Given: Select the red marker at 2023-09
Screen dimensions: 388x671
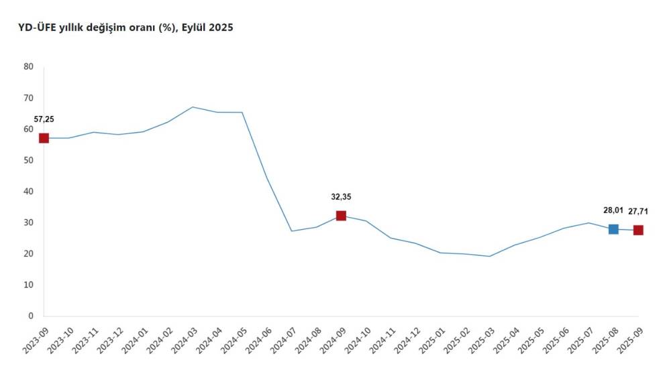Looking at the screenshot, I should click(x=44, y=138).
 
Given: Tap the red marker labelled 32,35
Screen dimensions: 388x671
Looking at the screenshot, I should click(x=341, y=216).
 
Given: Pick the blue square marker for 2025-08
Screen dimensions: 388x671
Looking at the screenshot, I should click(x=613, y=229).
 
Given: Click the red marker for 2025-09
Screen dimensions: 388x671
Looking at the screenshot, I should click(x=638, y=230).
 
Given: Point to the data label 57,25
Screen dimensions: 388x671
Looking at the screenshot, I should click(x=44, y=119).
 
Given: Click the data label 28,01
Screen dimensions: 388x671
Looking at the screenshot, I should click(x=613, y=210).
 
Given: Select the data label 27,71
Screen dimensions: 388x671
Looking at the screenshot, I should click(x=639, y=212).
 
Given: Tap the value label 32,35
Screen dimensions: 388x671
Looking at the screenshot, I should click(x=341, y=197).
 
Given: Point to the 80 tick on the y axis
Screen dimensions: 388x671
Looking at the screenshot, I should click(x=28, y=66).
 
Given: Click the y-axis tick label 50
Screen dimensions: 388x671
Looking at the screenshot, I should click(x=28, y=160).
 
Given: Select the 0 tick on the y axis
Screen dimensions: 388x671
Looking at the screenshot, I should click(x=31, y=316).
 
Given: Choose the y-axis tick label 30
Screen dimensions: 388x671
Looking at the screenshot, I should click(x=28, y=222).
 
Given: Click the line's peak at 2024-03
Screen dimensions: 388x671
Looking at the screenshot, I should click(x=193, y=107).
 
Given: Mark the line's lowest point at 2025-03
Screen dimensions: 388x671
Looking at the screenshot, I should click(x=489, y=256).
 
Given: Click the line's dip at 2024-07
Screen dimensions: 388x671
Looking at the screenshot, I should click(x=291, y=231).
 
